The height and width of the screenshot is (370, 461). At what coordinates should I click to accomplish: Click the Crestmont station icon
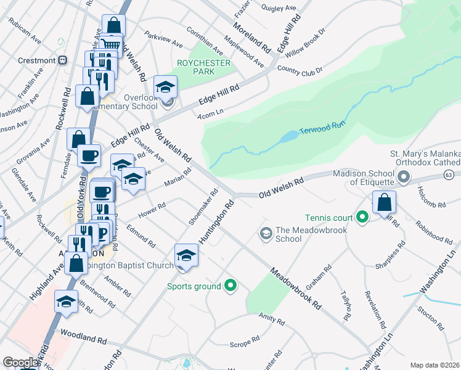62,60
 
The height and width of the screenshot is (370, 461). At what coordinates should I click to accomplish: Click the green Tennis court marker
362,217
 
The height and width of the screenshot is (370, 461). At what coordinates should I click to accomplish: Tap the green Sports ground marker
230,286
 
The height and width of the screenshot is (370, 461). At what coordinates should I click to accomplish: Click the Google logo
20,363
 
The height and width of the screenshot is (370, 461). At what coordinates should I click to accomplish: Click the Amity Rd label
271,318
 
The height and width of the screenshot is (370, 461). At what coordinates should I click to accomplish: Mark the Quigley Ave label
279,8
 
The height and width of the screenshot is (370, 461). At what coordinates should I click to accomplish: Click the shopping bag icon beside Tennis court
384,202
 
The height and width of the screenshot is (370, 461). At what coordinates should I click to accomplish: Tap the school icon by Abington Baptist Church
186,255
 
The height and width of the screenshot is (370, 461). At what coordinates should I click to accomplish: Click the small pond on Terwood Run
287,137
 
